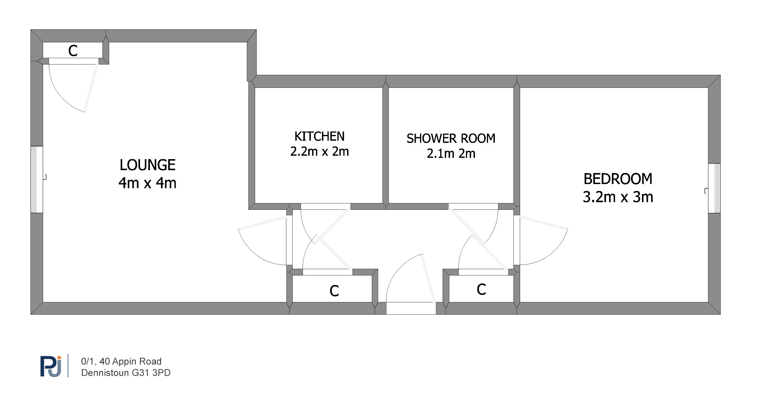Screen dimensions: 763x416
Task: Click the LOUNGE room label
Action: click(148, 165)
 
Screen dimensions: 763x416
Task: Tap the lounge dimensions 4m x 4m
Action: click(148, 183)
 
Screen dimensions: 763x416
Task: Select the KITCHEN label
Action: click(320, 136)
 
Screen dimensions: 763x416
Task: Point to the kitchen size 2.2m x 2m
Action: click(320, 151)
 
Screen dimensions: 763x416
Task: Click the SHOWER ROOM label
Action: click(451, 138)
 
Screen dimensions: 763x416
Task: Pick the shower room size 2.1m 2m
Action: click(451, 153)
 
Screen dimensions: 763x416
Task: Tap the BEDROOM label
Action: click(618, 179)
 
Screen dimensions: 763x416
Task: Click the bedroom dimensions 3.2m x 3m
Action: click(618, 197)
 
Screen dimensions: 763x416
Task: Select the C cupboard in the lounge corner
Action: click(73, 51)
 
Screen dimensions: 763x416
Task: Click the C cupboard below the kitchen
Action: click(334, 291)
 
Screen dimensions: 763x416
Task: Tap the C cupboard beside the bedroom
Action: click(481, 289)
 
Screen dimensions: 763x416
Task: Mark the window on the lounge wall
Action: click(37, 179)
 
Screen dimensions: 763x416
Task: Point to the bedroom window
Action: click(714, 188)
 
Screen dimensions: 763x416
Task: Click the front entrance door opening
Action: click(411, 308)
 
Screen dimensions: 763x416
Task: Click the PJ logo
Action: click(51, 367)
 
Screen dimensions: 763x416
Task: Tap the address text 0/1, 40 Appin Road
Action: click(121, 361)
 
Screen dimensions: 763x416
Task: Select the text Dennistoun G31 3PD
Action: click(126, 373)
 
